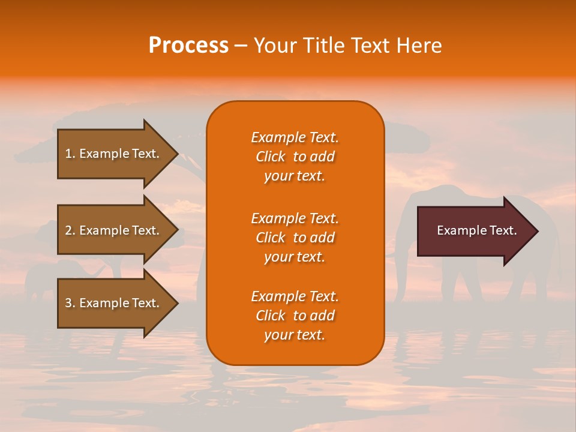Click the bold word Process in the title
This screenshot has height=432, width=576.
pyautogui.click(x=188, y=46)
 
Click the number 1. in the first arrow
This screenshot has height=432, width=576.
pyautogui.click(x=70, y=154)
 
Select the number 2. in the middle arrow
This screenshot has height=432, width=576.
pyautogui.click(x=70, y=230)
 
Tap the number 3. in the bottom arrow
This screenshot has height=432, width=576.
pyautogui.click(x=70, y=303)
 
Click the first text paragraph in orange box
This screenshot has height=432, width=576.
pyautogui.click(x=295, y=157)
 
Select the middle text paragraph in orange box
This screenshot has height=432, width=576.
pyautogui.click(x=295, y=238)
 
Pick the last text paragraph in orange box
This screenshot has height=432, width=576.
pyautogui.click(x=295, y=316)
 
